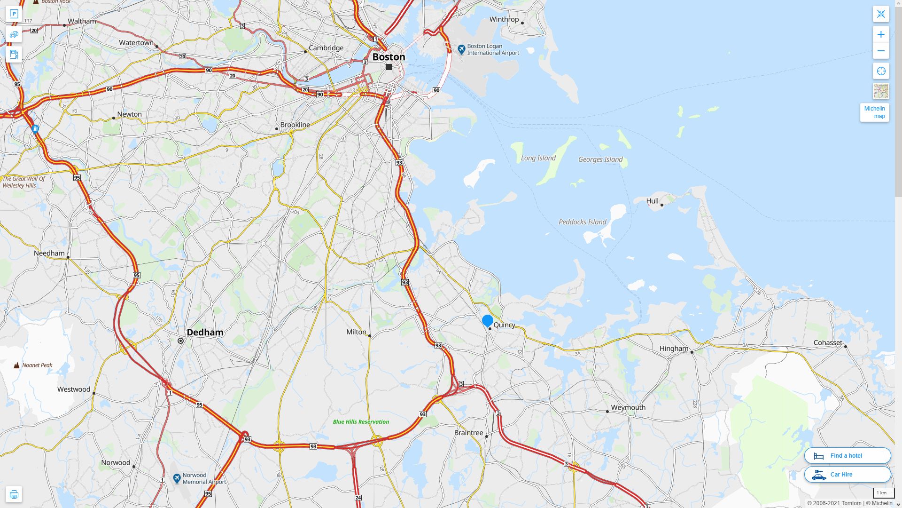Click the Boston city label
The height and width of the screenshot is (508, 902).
click(x=389, y=57)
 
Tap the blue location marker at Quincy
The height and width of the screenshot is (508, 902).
click(x=488, y=321)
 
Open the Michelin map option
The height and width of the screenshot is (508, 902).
click(x=874, y=112)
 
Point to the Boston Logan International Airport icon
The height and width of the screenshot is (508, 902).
click(x=461, y=49)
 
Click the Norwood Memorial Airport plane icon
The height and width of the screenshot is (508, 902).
click(x=177, y=478)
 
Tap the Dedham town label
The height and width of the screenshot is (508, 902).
click(x=205, y=333)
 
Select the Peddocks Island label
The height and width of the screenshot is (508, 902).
click(x=582, y=222)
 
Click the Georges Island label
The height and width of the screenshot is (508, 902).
click(x=600, y=159)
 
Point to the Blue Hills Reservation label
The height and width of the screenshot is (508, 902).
click(x=361, y=422)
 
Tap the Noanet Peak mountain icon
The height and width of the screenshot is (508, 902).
click(x=17, y=365)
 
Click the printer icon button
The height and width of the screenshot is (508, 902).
click(x=14, y=494)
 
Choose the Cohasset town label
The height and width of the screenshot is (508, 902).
click(x=828, y=342)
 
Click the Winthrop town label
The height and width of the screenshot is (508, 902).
click(x=504, y=19)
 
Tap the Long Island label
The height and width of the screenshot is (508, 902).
click(x=538, y=158)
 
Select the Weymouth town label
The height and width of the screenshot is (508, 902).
click(x=628, y=407)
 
